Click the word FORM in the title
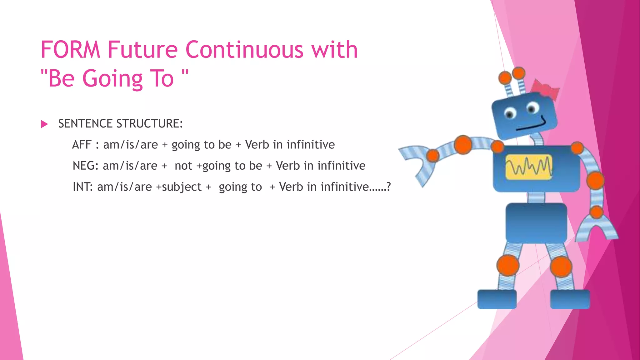(70, 50)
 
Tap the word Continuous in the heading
(244, 50)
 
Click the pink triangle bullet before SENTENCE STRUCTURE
(44, 124)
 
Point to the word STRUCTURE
(149, 124)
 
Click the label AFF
(82, 145)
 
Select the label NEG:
(85, 166)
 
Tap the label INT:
(82, 187)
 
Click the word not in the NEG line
(183, 166)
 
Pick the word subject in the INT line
(182, 187)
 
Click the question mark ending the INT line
(388, 187)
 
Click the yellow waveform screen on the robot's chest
(529, 167)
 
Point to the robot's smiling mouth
(531, 125)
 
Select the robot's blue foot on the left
(497, 299)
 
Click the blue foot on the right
(570, 299)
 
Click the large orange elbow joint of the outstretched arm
(463, 145)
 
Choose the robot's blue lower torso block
(536, 223)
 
